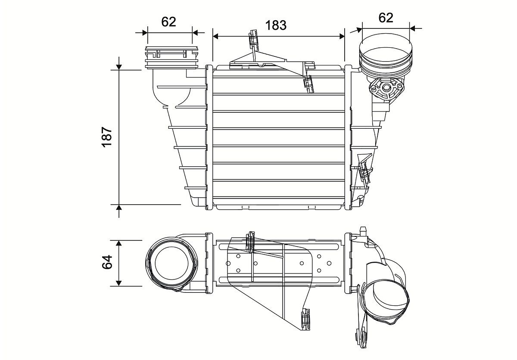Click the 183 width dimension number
(276, 25)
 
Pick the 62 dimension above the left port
(168, 22)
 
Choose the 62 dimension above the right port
(386, 18)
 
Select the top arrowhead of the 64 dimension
(119, 242)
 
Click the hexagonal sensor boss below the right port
(386, 89)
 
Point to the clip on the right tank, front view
(364, 172)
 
